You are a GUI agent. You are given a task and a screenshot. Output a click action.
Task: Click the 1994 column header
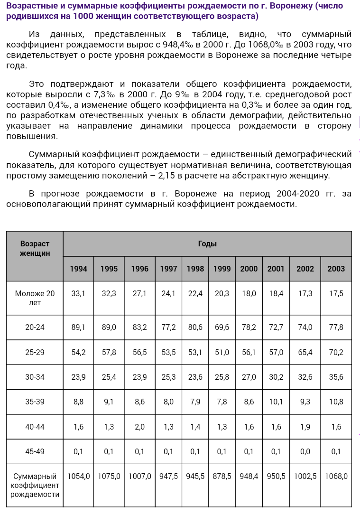[78, 269]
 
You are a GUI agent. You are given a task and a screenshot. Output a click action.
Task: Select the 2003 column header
[336, 269]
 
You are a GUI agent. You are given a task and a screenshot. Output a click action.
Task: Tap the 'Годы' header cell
[207, 244]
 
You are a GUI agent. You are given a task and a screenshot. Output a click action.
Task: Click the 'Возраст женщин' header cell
[35, 249]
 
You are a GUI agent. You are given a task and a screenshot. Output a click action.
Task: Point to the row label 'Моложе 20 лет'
[35, 298]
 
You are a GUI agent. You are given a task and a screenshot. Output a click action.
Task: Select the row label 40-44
[35, 427]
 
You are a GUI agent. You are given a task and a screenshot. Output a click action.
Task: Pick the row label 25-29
[35, 352]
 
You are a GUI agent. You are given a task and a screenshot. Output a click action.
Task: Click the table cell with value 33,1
[78, 294]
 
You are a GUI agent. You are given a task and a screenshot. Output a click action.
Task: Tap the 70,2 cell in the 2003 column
[336, 352]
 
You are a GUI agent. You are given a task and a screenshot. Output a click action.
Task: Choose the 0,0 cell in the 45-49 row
[305, 451]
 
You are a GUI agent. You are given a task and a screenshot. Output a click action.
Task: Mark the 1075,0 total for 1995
[109, 476]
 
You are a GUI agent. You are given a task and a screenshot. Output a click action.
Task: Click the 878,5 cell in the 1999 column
[222, 476]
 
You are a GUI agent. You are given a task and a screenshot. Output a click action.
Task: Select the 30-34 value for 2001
[276, 377]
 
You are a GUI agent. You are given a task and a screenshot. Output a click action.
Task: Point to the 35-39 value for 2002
[305, 402]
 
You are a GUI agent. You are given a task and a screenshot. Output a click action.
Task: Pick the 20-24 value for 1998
[195, 328]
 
